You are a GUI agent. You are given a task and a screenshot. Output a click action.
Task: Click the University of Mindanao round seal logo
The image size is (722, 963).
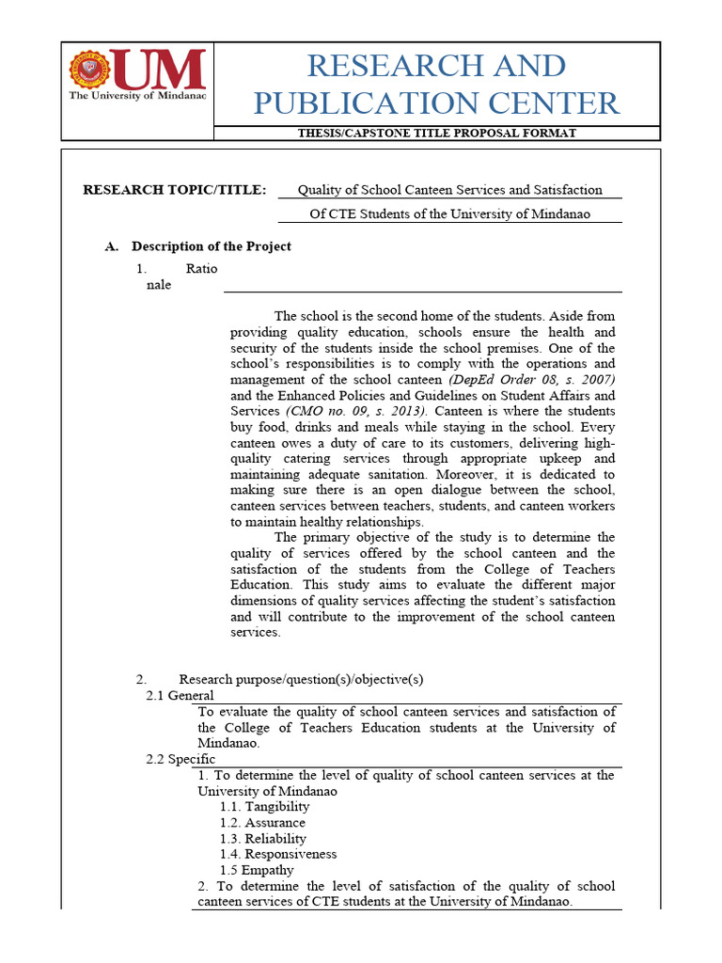click(90, 70)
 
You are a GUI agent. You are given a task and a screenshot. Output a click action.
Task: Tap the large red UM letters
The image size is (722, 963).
click(158, 69)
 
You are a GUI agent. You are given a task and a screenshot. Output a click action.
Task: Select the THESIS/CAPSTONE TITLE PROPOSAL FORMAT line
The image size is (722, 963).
click(436, 133)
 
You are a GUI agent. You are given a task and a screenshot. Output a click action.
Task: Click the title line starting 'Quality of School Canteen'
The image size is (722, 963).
click(449, 190)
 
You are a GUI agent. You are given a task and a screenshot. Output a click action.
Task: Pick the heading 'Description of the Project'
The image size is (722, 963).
click(211, 246)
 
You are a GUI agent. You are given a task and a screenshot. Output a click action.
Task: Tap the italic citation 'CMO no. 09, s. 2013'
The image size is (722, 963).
click(356, 411)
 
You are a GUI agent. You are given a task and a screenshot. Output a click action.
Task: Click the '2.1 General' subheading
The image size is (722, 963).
click(180, 696)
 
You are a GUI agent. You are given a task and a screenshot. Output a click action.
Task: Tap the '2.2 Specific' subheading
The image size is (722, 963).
click(180, 759)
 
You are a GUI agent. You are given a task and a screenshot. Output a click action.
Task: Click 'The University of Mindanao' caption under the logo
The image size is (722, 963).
click(137, 95)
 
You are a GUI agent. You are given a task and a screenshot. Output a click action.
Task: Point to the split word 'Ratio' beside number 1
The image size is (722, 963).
click(201, 269)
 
